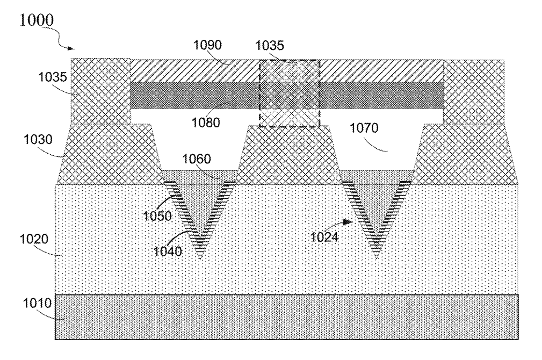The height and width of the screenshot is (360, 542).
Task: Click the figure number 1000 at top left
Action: (x=37, y=20)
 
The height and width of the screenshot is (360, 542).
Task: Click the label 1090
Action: (x=207, y=45)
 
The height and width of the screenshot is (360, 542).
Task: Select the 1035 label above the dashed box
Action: (x=270, y=45)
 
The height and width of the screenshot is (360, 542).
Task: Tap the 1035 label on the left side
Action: (x=52, y=77)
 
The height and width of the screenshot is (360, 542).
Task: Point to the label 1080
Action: (x=206, y=123)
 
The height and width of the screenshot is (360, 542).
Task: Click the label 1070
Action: (x=364, y=128)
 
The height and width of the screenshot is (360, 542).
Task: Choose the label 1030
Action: (x=38, y=140)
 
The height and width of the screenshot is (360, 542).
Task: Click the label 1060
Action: (x=197, y=159)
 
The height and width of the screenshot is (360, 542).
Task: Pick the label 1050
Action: (x=157, y=216)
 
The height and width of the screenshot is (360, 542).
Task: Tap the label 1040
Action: (x=167, y=251)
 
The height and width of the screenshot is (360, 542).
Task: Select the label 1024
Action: (x=324, y=237)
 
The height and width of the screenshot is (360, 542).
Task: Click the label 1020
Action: (x=34, y=239)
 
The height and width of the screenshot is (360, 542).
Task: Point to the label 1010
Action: (x=37, y=303)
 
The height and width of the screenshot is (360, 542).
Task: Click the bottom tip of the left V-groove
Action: (x=200, y=258)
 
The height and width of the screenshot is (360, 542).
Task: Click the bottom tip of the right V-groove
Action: (x=376, y=258)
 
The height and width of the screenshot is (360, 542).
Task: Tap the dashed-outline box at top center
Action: (x=259, y=93)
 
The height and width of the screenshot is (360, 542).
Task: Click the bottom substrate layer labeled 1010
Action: (x=286, y=317)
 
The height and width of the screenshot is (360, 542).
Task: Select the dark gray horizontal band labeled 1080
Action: (x=286, y=96)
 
